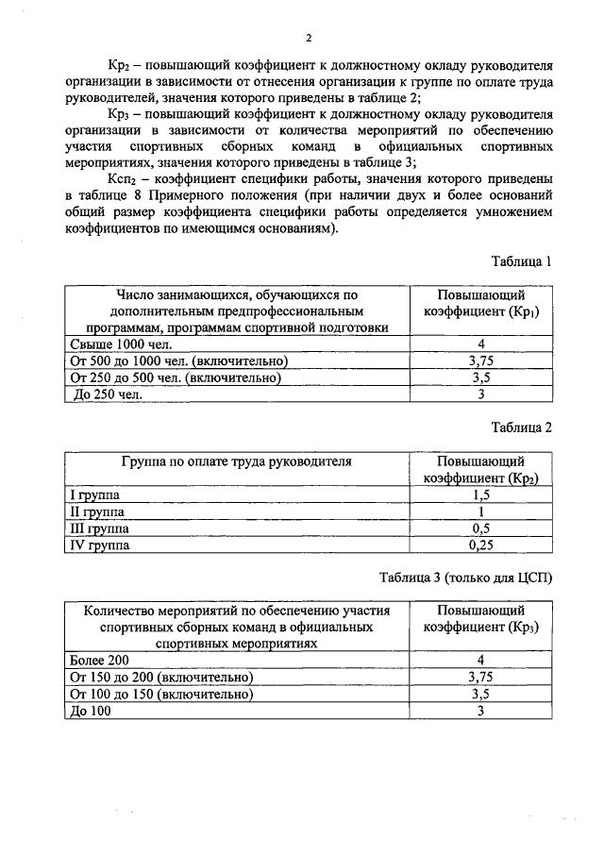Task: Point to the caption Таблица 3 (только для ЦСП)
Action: (465, 578)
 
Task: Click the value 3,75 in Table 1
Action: (480, 360)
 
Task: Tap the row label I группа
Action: (96, 494)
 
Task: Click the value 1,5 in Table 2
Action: (480, 494)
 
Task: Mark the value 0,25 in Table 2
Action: (480, 545)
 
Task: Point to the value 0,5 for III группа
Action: (480, 528)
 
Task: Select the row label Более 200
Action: (99, 660)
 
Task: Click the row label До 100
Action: (92, 711)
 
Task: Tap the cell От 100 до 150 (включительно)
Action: (161, 694)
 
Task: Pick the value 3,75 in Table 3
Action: (480, 677)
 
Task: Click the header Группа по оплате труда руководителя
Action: (236, 461)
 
